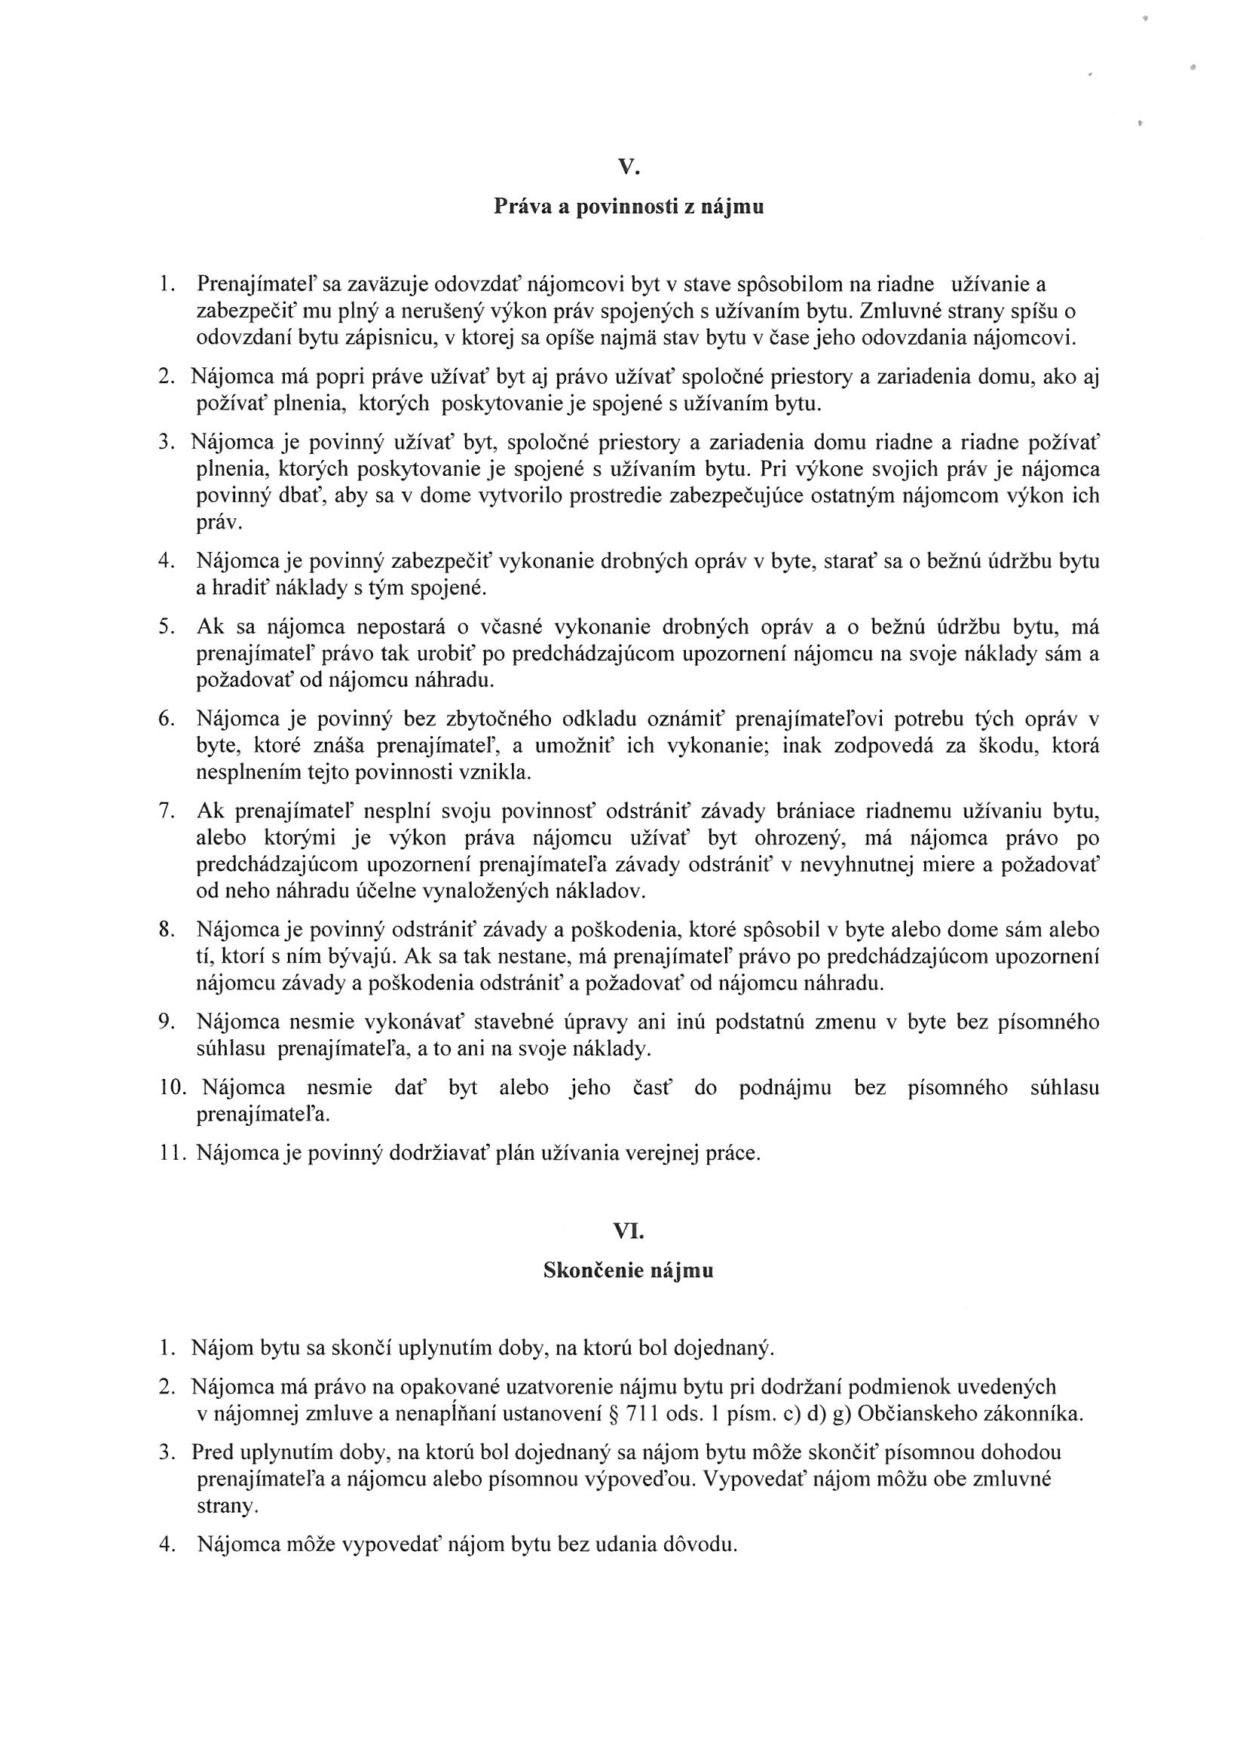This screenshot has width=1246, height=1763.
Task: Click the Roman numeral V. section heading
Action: [628, 167]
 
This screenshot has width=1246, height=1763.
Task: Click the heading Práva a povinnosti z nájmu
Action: [628, 207]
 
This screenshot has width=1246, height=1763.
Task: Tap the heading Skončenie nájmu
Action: [628, 1271]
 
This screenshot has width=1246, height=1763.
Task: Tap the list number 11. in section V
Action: [172, 1152]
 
